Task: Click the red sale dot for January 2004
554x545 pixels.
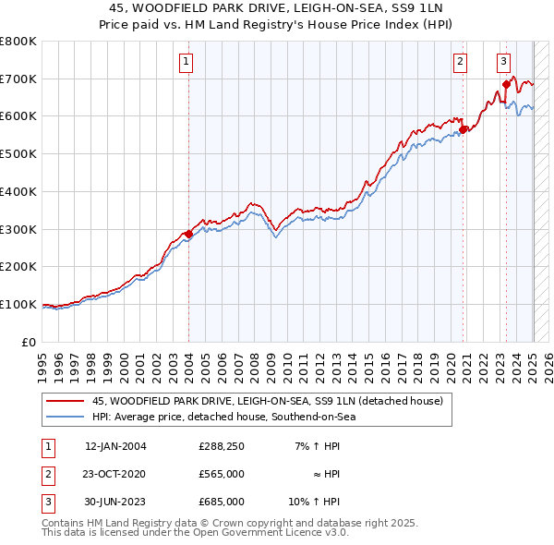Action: point(188,234)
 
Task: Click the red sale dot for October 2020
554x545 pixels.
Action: point(464,129)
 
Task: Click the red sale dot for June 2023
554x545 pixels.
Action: point(506,84)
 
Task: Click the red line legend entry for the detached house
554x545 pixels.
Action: point(268,401)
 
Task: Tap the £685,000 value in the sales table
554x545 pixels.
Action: point(221,502)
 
